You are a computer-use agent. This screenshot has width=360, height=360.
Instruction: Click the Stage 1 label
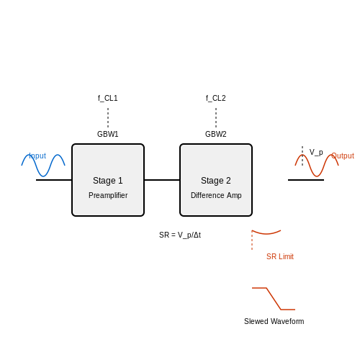coord(108,181)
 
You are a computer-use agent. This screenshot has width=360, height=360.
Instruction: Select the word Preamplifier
coord(108,195)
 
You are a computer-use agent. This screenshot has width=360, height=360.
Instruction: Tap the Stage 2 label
coord(216,181)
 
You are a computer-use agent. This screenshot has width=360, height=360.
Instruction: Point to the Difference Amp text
coord(216,195)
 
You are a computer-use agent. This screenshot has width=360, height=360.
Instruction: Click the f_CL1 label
coord(108,98)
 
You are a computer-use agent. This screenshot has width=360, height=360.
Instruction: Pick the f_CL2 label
coord(216,98)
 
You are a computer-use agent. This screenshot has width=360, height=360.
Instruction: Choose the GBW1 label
coord(108,134)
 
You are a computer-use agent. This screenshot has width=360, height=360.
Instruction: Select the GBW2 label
coord(216,134)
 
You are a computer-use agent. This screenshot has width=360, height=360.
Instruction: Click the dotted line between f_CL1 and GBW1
coord(108,117)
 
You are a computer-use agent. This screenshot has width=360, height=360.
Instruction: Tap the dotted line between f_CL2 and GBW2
coord(216,117)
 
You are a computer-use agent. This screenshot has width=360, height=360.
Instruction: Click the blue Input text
coord(37,156)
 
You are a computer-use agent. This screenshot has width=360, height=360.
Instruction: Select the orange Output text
coord(343,156)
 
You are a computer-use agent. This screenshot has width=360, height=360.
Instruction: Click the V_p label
coord(316,152)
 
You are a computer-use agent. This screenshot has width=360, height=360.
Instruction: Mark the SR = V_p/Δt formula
coord(180,235)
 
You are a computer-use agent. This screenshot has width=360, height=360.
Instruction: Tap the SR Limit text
coord(280,256)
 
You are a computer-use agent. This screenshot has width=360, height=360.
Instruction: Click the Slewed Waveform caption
coord(274,321)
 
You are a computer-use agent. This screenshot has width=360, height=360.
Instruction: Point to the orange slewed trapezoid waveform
coord(274,299)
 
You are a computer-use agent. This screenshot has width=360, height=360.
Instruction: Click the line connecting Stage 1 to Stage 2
coord(162,180)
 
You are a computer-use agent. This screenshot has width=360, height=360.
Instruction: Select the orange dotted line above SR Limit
coord(252,240)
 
